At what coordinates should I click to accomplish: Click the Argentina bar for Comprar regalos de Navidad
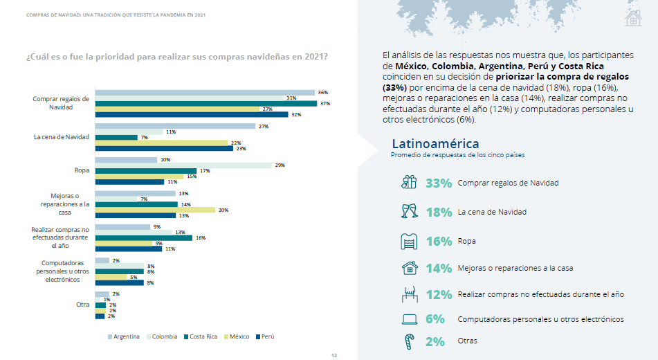pyautogui.click(x=205, y=92)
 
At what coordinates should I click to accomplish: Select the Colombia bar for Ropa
pyautogui.click(x=183, y=165)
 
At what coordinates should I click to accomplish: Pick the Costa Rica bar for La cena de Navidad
pyautogui.click(x=116, y=137)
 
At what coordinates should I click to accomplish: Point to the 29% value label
pyautogui.click(x=280, y=165)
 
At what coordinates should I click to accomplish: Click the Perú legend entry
pyautogui.click(x=265, y=336)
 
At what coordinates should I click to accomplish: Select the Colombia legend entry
pyautogui.click(x=162, y=336)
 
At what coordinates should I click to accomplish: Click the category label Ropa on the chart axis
pyautogui.click(x=81, y=170)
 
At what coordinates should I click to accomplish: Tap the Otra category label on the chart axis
pyautogui.click(x=82, y=305)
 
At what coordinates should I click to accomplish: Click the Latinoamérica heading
pyautogui.click(x=435, y=144)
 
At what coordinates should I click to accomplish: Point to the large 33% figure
pyautogui.click(x=439, y=183)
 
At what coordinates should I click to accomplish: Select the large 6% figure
pyautogui.click(x=435, y=319)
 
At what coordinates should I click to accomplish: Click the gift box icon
pyautogui.click(x=409, y=183)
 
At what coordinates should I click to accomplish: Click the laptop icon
pyautogui.click(x=409, y=319)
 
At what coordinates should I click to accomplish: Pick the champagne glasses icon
pyautogui.click(x=409, y=211)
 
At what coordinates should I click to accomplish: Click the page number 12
pyautogui.click(x=333, y=355)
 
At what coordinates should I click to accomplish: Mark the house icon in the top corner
pyautogui.click(x=632, y=18)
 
